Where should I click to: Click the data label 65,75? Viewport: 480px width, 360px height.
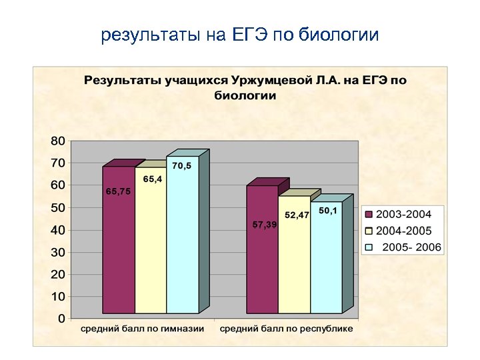tap(118, 191)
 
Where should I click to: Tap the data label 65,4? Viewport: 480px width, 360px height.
tap(153, 179)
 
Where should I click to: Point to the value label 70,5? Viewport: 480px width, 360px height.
tap(181, 166)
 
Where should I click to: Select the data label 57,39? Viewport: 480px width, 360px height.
tap(265, 225)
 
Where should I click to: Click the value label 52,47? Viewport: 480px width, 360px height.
tap(297, 215)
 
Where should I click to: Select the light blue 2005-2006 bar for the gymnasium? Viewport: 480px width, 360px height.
tap(183, 253)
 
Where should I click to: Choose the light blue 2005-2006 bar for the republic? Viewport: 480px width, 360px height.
tap(326, 267)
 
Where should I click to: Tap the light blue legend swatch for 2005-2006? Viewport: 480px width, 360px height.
tap(368, 248)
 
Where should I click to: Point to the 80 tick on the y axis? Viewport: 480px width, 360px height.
tap(58, 141)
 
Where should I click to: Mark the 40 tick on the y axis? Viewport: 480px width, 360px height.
tap(58, 230)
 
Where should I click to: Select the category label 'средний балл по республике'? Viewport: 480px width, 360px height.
tap(287, 329)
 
